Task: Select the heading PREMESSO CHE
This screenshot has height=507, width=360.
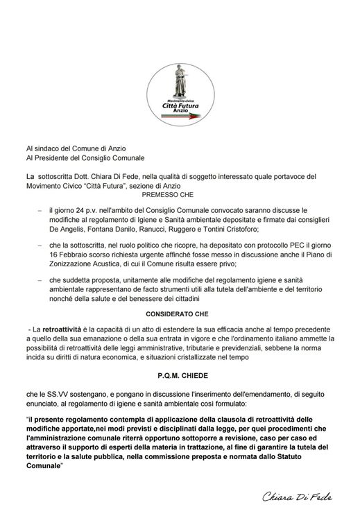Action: click(179, 196)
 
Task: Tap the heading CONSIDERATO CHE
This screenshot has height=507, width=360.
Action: click(180, 313)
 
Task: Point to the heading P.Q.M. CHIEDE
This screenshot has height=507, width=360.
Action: click(180, 373)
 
